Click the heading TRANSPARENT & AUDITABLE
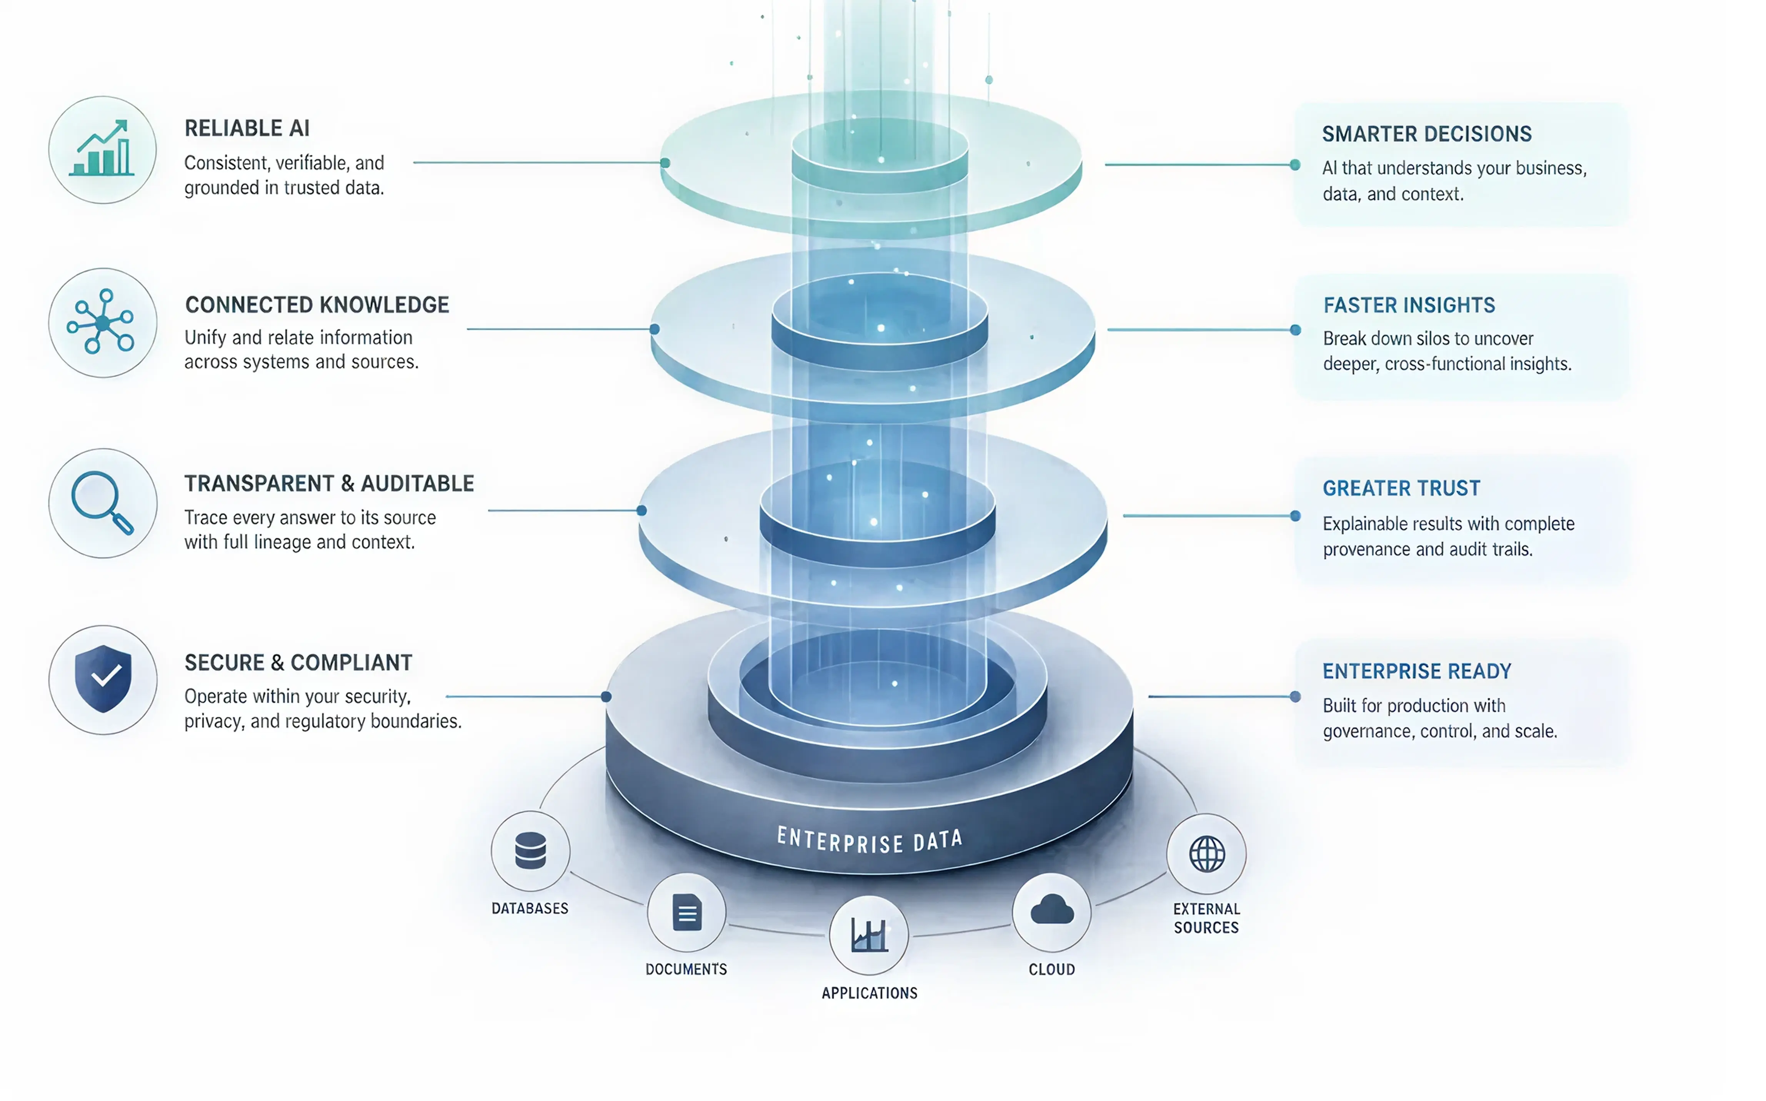[329, 484]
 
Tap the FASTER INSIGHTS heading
[1408, 305]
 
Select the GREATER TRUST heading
[1401, 488]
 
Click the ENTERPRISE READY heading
[1416, 671]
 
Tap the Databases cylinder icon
[530, 850]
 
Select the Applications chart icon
[869, 935]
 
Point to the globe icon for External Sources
[1207, 853]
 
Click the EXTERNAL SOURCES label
[1206, 918]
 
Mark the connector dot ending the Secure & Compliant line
[606, 697]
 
